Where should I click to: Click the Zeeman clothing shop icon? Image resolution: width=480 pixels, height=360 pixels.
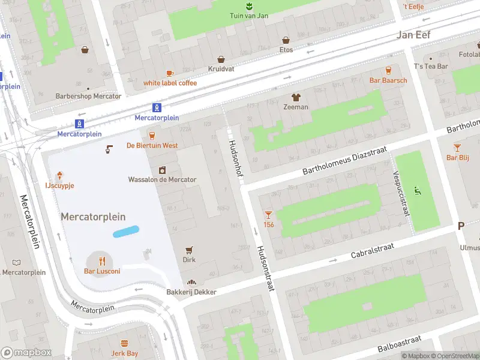click(296, 97)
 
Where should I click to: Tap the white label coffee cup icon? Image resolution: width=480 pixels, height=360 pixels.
click(170, 73)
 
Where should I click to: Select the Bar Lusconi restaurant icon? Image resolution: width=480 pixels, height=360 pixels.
click(102, 260)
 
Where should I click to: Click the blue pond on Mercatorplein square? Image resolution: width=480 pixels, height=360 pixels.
click(126, 232)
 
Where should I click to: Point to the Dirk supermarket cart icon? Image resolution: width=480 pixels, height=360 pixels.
click(190, 250)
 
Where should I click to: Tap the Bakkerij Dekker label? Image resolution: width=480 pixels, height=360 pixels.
click(191, 292)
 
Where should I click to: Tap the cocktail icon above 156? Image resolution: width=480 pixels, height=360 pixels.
click(268, 214)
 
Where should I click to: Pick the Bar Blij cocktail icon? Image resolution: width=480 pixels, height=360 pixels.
click(457, 147)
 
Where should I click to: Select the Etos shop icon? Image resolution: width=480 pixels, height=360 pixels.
click(286, 40)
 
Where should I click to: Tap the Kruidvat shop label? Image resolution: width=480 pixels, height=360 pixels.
click(221, 69)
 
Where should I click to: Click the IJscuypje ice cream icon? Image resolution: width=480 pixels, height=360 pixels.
click(60, 176)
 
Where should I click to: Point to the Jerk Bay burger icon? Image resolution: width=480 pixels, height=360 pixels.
click(125, 343)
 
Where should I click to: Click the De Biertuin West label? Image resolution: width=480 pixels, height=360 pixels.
click(152, 145)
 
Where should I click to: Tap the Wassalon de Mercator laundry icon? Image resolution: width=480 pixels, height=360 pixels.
click(162, 170)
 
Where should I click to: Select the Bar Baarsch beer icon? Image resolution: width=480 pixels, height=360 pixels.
click(388, 70)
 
